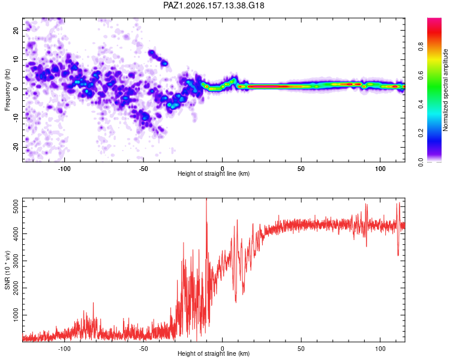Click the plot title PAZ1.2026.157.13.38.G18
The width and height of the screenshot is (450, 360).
214,5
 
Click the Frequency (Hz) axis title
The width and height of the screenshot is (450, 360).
7,90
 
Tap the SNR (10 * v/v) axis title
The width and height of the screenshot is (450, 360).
7,270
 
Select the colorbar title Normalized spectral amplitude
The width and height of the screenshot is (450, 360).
445,90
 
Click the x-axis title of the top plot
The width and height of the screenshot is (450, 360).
214,173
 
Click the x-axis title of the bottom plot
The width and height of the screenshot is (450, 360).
214,353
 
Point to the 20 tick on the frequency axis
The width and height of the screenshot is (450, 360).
16,30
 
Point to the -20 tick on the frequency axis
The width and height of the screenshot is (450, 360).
16,148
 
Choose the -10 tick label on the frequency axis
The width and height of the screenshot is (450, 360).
16,118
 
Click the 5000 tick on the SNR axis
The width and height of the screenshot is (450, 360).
16,206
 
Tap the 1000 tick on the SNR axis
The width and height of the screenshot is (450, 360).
16,315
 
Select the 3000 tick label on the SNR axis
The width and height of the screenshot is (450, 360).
16,261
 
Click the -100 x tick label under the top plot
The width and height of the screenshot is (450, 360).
64,169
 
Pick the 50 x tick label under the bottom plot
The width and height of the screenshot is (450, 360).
301,349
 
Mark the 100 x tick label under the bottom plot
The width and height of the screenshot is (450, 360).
380,349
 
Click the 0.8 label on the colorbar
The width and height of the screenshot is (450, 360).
421,46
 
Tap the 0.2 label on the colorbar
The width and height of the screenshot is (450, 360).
421,133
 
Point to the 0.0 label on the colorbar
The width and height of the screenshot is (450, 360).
421,162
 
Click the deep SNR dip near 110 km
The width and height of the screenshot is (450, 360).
398,254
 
